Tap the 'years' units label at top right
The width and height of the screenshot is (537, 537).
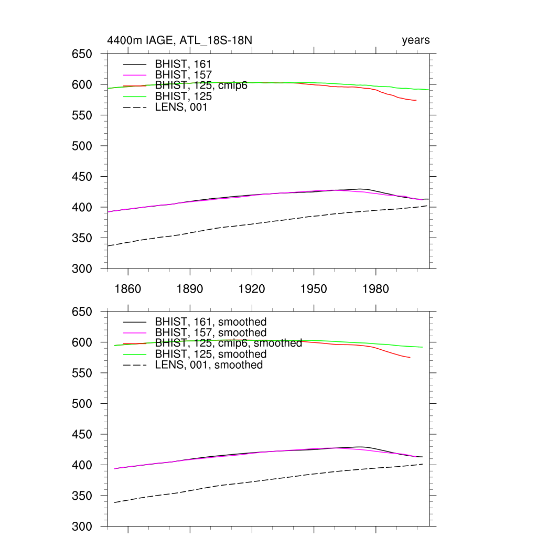click(x=416, y=40)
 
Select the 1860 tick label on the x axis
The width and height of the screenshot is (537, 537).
click(x=128, y=289)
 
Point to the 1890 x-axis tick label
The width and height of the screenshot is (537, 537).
click(x=190, y=289)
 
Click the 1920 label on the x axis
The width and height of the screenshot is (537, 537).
click(x=252, y=289)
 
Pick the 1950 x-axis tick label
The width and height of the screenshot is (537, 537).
click(x=314, y=289)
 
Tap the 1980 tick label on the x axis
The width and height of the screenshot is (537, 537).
click(x=375, y=289)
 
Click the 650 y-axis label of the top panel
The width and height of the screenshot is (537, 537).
click(x=82, y=54)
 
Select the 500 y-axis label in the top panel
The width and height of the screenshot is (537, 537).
click(x=82, y=146)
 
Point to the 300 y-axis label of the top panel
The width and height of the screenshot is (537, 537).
click(x=82, y=268)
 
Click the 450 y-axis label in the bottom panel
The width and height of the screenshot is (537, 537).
click(x=82, y=435)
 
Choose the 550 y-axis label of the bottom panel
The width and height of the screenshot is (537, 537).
click(x=82, y=373)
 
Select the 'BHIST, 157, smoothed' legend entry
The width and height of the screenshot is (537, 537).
click(x=211, y=332)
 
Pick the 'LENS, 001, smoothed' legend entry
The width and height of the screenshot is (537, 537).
click(x=209, y=365)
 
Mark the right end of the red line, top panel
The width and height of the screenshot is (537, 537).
click(x=416, y=100)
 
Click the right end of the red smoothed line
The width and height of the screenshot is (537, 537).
click(x=410, y=357)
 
